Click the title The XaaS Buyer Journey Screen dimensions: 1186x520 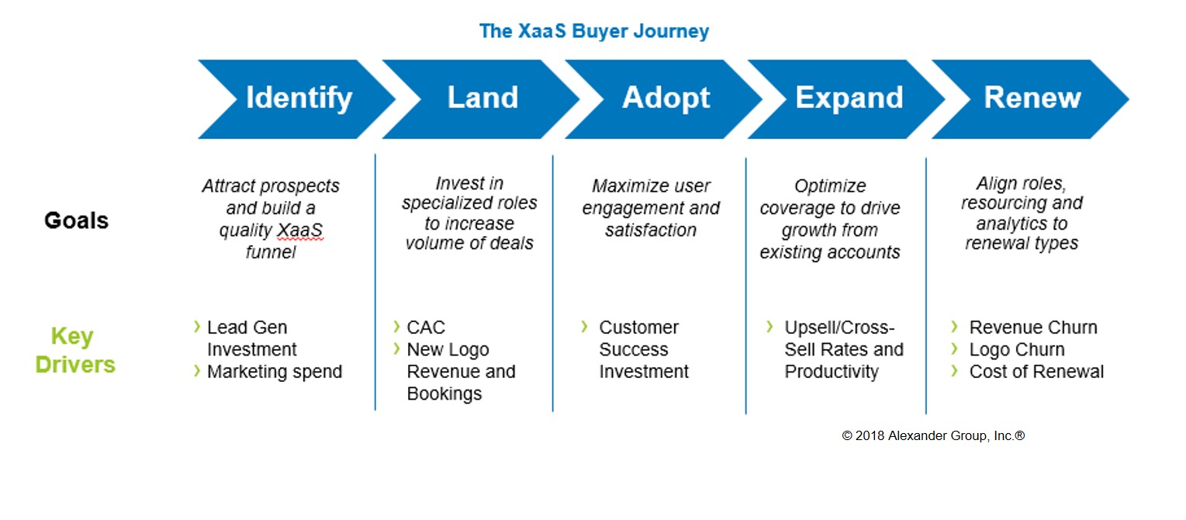(593, 31)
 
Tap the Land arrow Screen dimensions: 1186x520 (481, 99)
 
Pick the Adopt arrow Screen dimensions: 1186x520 (664, 99)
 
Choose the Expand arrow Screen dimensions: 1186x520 (847, 99)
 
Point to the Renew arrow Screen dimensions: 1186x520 (1030, 99)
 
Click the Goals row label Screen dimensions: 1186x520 (76, 220)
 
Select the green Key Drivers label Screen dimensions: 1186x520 (74, 350)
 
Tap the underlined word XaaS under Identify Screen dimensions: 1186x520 (299, 231)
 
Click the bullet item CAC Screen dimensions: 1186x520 (426, 328)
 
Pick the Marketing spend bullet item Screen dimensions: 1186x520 (275, 372)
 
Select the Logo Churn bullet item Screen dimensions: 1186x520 (1017, 349)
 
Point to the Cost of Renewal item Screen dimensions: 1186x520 (1036, 372)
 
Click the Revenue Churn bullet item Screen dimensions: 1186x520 (1033, 328)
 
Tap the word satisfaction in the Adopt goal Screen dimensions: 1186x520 (651, 231)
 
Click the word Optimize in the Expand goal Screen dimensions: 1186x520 (830, 185)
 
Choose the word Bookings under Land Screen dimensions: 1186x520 (444, 394)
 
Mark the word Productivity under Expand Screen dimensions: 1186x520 (832, 372)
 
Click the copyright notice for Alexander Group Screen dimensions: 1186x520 (933, 436)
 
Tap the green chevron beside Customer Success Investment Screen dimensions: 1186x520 (584, 327)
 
